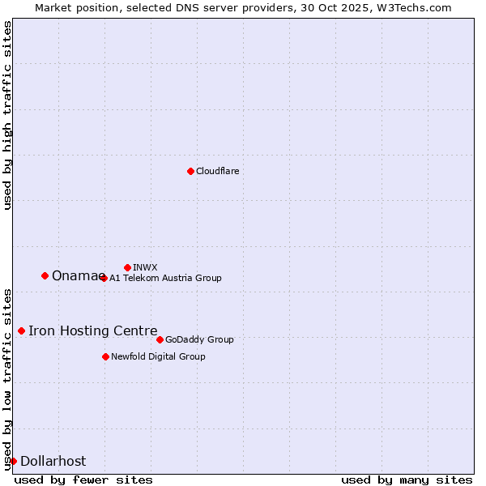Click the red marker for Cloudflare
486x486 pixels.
(x=190, y=171)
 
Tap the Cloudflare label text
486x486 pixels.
(x=218, y=171)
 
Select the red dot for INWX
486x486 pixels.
(x=127, y=267)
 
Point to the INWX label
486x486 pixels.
(x=145, y=267)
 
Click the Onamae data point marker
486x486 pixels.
(x=45, y=275)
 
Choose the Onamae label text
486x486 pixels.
(x=77, y=276)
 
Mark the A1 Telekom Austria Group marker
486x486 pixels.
(x=104, y=278)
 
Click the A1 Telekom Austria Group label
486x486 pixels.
(x=165, y=278)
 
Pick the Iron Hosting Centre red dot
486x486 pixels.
(x=21, y=330)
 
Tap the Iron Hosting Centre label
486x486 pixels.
(x=93, y=330)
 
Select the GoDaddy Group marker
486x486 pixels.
(x=160, y=339)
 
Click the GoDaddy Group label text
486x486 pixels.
(x=199, y=339)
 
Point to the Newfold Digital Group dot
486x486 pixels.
(x=105, y=356)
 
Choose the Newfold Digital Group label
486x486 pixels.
(x=158, y=356)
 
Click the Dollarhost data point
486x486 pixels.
(x=13, y=461)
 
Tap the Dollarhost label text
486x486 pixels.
(x=53, y=462)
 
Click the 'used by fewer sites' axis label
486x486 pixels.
(x=83, y=480)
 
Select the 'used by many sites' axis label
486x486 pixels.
(x=407, y=480)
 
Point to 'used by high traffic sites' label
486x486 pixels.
(x=7, y=115)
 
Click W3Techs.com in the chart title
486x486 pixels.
(x=411, y=7)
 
